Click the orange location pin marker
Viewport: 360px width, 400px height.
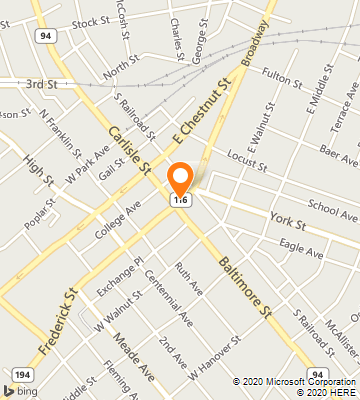point(180,179)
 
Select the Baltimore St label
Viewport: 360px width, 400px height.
point(245,287)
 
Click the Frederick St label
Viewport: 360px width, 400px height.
point(60,320)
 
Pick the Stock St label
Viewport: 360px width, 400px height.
point(90,21)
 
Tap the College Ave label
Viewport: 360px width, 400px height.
point(119,220)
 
